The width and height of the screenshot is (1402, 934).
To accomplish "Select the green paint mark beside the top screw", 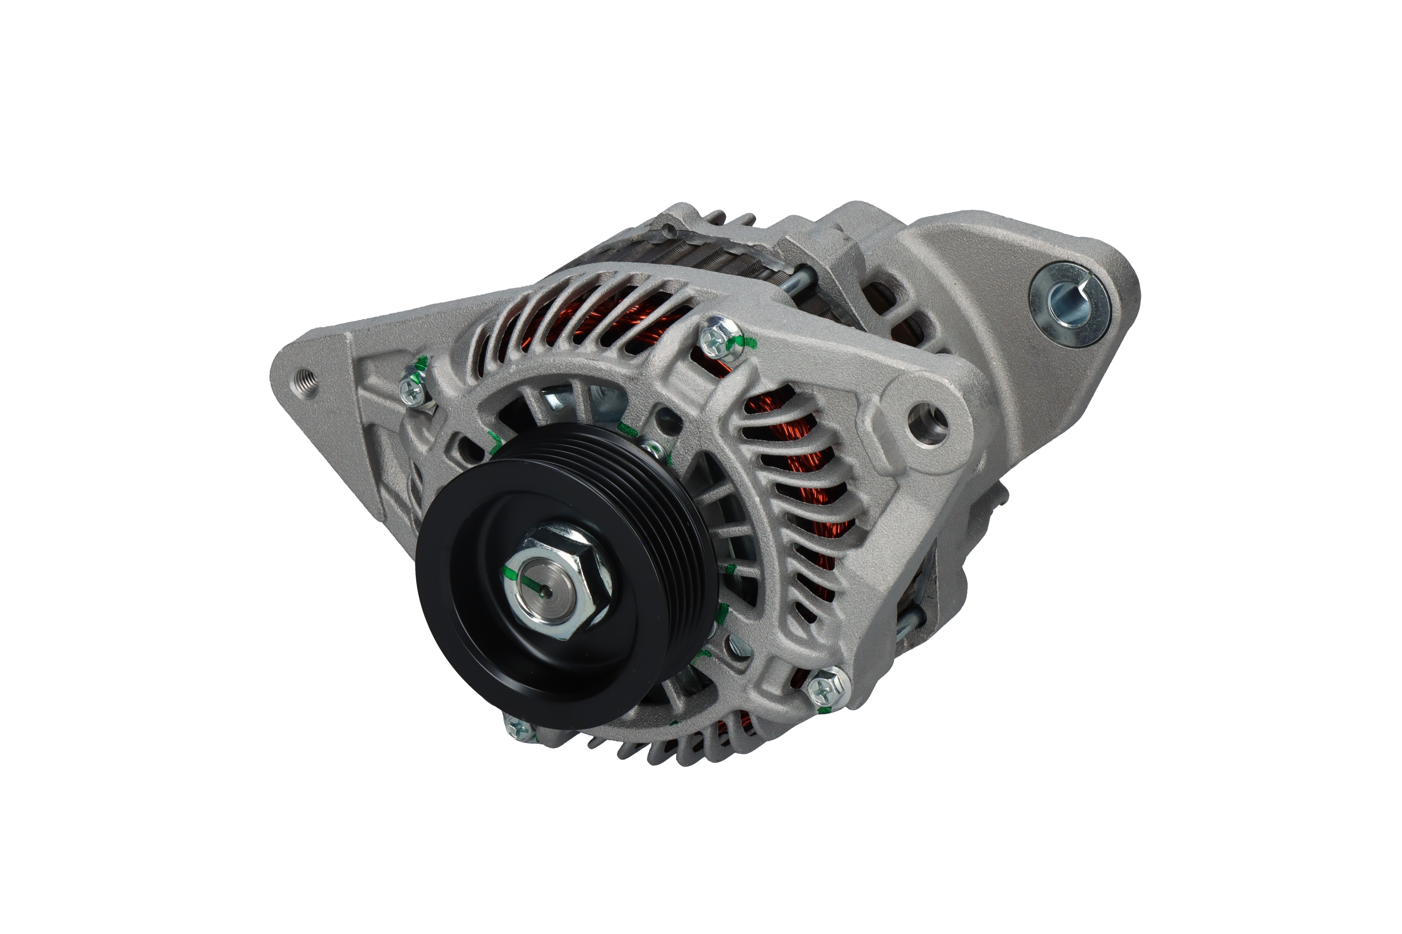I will pos(745,343).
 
